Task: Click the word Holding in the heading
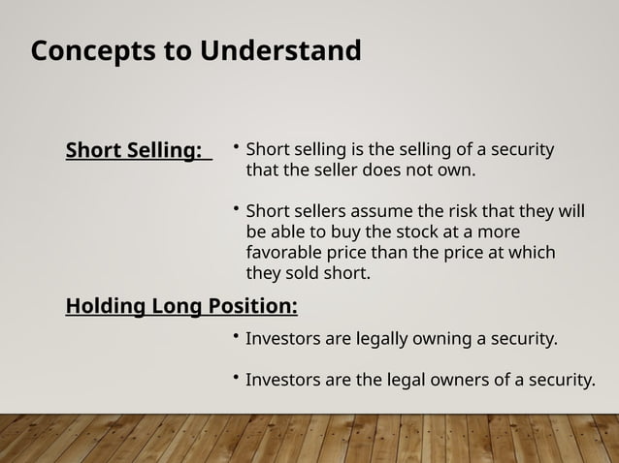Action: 104,307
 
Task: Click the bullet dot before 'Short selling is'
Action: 236,149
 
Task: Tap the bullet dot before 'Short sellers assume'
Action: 236,209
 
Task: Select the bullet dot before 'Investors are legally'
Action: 236,337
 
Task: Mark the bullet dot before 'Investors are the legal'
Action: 236,377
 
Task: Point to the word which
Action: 535,253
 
